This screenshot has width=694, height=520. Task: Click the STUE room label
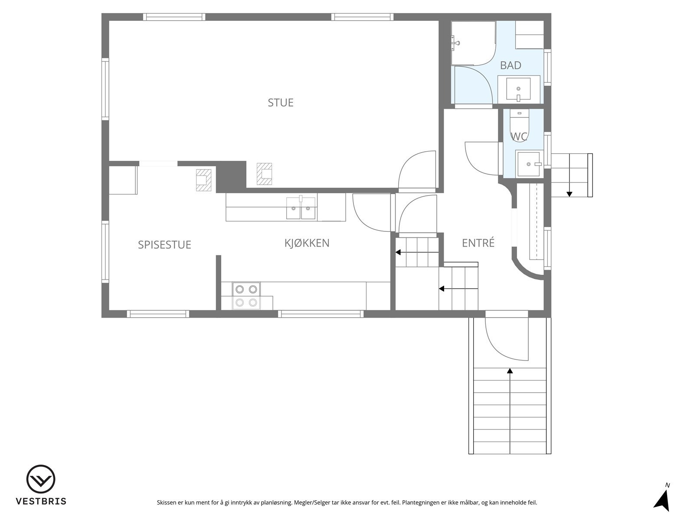[x=281, y=103]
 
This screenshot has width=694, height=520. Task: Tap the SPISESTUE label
[x=164, y=245]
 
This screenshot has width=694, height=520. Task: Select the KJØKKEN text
[x=307, y=243]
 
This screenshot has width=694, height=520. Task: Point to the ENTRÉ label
[x=478, y=243]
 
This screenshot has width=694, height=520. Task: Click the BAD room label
[x=511, y=65]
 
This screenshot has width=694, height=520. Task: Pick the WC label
[x=519, y=136]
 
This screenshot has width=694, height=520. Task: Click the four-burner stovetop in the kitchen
[x=246, y=296]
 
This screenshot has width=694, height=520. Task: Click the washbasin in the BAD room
[x=518, y=89]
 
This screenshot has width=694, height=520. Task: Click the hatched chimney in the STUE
[x=264, y=174]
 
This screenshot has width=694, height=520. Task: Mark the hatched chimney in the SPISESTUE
[x=203, y=180]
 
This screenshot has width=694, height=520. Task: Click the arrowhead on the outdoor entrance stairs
[x=510, y=370]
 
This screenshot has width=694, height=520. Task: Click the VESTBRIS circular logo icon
[x=41, y=480]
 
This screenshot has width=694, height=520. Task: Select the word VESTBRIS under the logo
[x=41, y=501]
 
